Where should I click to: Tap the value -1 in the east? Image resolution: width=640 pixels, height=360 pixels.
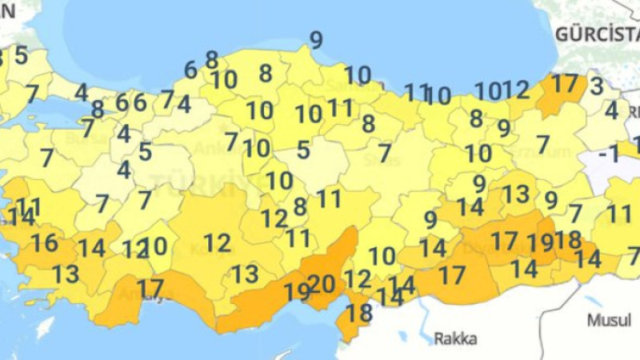pos(610,154)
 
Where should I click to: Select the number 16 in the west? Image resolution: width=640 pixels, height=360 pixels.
pos(44,243)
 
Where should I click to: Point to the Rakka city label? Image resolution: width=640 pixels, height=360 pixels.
pos(455,339)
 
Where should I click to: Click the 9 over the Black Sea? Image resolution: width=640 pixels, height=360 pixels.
pos(316,40)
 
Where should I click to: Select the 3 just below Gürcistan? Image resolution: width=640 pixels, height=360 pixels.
pos(596,85)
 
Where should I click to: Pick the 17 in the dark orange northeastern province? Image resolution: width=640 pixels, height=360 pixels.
pos(564,83)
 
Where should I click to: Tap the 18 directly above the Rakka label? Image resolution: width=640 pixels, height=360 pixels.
pos(360,312)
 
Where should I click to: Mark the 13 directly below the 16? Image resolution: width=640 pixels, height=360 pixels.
pos(66,274)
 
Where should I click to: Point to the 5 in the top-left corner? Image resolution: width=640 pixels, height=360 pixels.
pos(21,56)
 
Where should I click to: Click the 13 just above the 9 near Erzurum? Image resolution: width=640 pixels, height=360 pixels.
pos(516,194)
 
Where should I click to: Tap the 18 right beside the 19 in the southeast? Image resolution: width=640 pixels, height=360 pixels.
pos(567,239)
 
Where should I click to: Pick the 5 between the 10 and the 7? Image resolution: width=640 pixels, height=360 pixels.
pos(303,149)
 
